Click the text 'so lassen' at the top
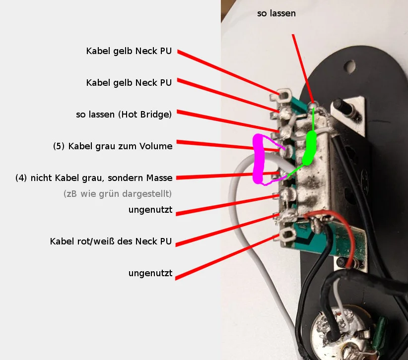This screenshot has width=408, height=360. [x=276, y=13]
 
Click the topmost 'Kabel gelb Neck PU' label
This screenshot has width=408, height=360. [x=129, y=51]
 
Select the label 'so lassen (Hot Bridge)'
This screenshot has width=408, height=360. [x=124, y=115]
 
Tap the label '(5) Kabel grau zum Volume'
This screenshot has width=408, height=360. [x=113, y=146]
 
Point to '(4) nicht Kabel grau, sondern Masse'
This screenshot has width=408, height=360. [x=94, y=178]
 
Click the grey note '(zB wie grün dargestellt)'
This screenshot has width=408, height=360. [x=118, y=194]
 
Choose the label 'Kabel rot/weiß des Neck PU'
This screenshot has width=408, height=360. [x=111, y=241]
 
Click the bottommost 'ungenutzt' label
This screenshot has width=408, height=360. [x=150, y=273]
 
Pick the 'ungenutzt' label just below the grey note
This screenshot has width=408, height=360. [x=150, y=210]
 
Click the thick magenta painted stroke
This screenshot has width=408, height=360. [x=259, y=159]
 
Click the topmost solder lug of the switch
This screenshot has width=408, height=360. [x=285, y=94]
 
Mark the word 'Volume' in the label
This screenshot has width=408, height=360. [x=158, y=146]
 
